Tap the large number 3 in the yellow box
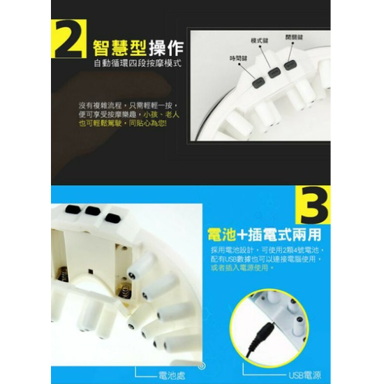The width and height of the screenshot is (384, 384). [313, 203]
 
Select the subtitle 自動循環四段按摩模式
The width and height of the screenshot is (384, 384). [138, 64]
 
